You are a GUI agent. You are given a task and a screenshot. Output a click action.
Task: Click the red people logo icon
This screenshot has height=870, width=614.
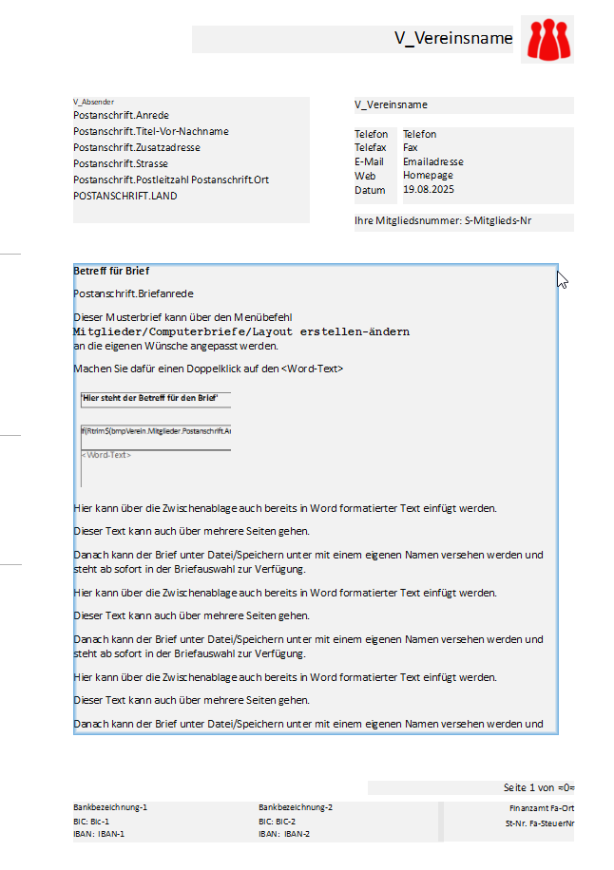click(x=547, y=39)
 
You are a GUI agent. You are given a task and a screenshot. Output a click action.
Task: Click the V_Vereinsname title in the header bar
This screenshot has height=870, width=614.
click(x=453, y=39)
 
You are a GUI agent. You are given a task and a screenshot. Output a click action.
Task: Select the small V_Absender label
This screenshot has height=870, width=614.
click(x=93, y=101)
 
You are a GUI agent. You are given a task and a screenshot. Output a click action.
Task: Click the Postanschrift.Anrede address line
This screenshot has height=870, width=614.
click(x=121, y=115)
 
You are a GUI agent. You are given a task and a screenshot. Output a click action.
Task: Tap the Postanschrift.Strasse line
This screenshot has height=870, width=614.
click(x=121, y=163)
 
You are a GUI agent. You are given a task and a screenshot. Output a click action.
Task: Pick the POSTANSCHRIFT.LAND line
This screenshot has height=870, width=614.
click(x=125, y=196)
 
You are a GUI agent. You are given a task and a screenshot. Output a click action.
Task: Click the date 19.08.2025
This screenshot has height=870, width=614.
click(x=429, y=190)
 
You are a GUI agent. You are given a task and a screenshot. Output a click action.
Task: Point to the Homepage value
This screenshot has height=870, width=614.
click(x=428, y=176)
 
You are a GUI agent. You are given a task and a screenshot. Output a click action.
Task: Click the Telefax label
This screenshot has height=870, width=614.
click(x=371, y=148)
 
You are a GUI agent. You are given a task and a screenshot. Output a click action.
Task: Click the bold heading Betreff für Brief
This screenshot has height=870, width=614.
click(x=111, y=272)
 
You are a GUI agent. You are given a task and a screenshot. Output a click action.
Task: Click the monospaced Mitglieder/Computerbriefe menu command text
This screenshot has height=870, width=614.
click(x=241, y=332)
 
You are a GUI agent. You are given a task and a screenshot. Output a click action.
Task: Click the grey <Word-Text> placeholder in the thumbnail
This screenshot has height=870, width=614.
click(x=106, y=455)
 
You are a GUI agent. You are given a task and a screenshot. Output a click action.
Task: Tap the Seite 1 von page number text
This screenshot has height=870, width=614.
click(x=538, y=788)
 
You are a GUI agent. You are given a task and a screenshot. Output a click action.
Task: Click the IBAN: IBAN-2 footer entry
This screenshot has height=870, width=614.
click(x=285, y=834)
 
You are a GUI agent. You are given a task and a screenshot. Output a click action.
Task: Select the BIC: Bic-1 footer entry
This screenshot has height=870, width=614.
click(x=91, y=821)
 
